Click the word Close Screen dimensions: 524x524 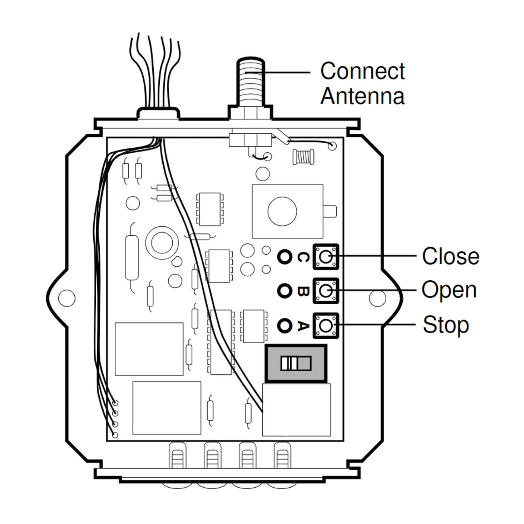click(x=450, y=256)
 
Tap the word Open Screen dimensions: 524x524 click(x=449, y=290)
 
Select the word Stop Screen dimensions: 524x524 click(x=445, y=325)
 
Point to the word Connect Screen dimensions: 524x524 click(x=362, y=71)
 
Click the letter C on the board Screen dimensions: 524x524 click(x=303, y=257)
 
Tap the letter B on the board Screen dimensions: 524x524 click(x=303, y=291)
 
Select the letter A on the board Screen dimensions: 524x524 click(x=303, y=325)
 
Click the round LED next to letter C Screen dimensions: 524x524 click(x=284, y=257)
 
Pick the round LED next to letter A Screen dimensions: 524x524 click(x=284, y=325)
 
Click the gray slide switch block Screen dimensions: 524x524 click(x=296, y=363)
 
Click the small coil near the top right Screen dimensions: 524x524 click(x=304, y=156)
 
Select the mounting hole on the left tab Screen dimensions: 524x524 click(x=66, y=297)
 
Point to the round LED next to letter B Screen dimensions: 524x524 click(x=284, y=291)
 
